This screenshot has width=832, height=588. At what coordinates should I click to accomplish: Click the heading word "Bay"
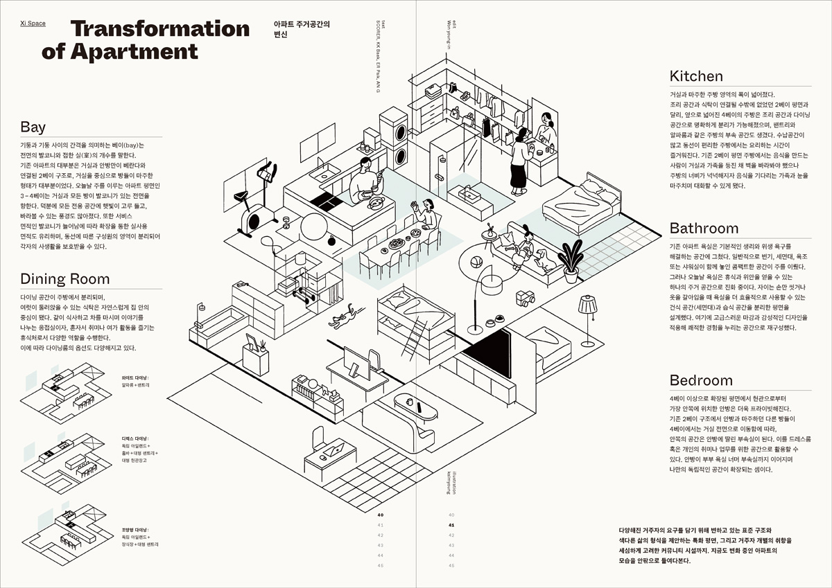[x=33, y=127]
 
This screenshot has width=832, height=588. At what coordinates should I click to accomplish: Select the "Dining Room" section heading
[x=65, y=279]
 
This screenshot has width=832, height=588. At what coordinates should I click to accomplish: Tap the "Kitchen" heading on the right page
[x=696, y=76]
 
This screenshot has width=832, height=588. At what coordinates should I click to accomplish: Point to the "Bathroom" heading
[x=704, y=229]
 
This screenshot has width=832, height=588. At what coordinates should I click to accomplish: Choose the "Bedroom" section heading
[x=701, y=380]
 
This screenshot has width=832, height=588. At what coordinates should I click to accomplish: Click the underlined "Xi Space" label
[x=33, y=24]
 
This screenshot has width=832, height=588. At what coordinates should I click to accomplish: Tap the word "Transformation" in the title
[x=159, y=29]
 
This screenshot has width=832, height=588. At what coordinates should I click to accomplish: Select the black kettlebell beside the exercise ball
[x=331, y=241]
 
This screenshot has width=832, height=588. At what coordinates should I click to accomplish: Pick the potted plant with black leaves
[x=572, y=260]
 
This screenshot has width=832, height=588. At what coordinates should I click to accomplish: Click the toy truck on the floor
[x=526, y=299]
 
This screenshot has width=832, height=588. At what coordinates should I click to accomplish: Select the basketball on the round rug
[x=477, y=262]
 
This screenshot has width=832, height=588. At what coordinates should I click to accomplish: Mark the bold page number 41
[x=451, y=525]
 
